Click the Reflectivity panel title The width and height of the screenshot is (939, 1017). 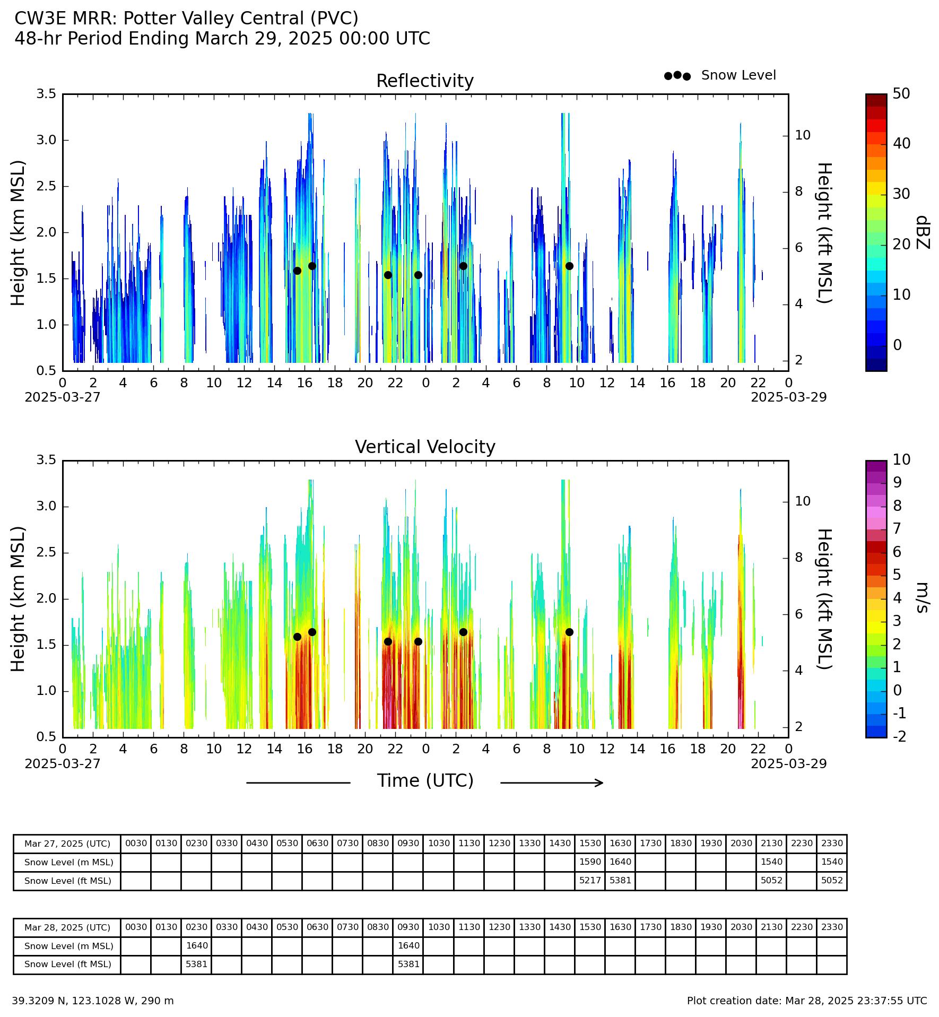point(424,81)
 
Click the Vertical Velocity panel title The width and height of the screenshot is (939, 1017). point(425,447)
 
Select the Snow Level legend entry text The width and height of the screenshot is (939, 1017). point(738,75)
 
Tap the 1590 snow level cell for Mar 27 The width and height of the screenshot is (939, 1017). point(590,862)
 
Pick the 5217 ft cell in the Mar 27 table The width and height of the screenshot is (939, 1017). point(590,881)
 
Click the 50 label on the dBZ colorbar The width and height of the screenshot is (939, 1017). point(901,94)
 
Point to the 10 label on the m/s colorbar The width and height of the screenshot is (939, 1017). point(901,460)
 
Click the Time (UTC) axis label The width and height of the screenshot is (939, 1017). point(425,781)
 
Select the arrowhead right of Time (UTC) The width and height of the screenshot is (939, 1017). point(599,783)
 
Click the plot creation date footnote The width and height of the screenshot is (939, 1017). point(807,1001)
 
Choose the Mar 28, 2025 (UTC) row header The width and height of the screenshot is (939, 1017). point(67,927)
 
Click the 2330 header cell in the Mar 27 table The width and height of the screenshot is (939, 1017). point(832,844)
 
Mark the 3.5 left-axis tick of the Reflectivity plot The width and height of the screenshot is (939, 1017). point(46,94)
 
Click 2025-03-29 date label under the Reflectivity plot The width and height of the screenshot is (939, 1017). point(788,397)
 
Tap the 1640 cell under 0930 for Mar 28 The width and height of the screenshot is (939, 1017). point(408,945)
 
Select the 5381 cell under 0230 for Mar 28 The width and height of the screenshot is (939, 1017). point(196,964)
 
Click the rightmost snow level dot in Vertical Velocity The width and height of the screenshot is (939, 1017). point(569,632)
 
